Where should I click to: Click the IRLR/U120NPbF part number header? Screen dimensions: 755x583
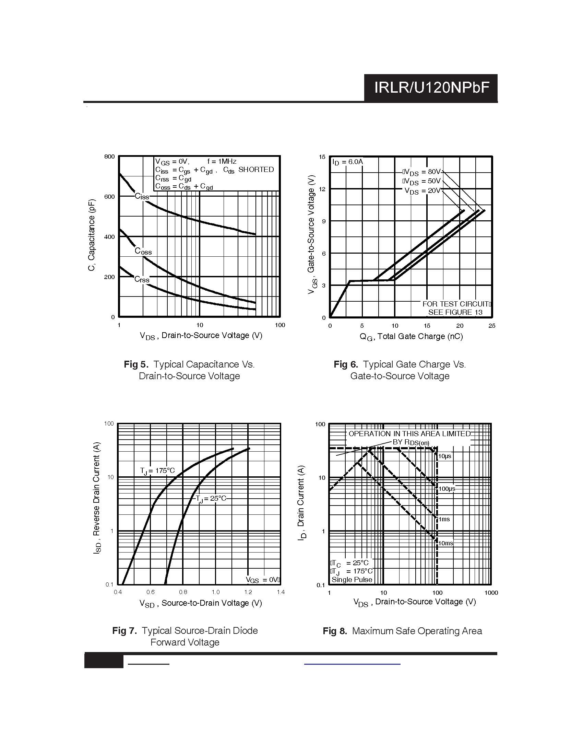pyautogui.click(x=432, y=88)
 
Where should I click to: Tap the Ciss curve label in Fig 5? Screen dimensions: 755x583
pyautogui.click(x=142, y=197)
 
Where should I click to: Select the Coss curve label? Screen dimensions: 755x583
pyautogui.click(x=143, y=251)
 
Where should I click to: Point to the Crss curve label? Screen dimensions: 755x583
pyautogui.click(x=142, y=279)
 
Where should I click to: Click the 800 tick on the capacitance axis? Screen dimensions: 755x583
pyautogui.click(x=109, y=156)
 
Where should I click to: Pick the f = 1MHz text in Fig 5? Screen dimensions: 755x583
pyautogui.click(x=222, y=161)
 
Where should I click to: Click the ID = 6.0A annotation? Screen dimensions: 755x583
pyautogui.click(x=348, y=162)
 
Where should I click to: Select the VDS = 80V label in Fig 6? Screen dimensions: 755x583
pyautogui.click(x=422, y=172)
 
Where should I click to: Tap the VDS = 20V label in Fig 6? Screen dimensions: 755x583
pyautogui.click(x=423, y=191)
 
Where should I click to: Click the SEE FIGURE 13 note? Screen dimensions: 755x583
pyautogui.click(x=455, y=312)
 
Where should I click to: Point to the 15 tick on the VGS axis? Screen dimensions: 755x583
pyautogui.click(x=322, y=157)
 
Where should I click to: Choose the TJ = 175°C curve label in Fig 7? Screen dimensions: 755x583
pyautogui.click(x=157, y=471)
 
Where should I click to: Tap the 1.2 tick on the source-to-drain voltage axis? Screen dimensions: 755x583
pyautogui.click(x=248, y=592)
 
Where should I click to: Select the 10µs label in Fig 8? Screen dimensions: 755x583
pyautogui.click(x=445, y=456)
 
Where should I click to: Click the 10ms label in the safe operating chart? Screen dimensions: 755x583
pyautogui.click(x=445, y=543)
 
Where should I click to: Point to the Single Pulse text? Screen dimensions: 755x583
pyautogui.click(x=352, y=580)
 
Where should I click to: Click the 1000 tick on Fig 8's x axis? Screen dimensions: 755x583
pyautogui.click(x=491, y=593)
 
